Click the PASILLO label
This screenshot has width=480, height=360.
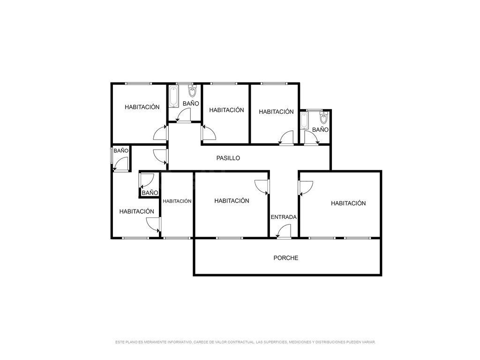click(228, 158)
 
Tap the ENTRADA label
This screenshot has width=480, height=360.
click(284, 217)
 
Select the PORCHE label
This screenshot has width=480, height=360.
click(285, 258)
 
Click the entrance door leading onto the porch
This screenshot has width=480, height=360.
click(284, 231)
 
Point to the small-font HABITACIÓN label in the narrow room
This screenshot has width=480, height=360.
click(177, 201)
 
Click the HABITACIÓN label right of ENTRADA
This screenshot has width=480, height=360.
click(348, 203)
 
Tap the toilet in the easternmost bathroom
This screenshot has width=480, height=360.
click(323, 118)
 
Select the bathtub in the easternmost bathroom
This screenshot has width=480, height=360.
click(304, 121)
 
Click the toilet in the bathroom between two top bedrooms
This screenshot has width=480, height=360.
click(192, 91)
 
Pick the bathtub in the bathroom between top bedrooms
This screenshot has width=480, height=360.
click(173, 97)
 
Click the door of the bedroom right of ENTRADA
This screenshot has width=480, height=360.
click(306, 187)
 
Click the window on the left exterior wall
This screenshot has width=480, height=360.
click(112, 156)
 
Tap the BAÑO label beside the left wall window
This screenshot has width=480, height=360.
click(121, 150)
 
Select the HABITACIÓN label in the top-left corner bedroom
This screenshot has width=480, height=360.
click(142, 107)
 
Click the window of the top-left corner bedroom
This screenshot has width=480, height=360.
click(138, 83)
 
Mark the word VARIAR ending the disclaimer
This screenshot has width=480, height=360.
click(368, 342)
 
